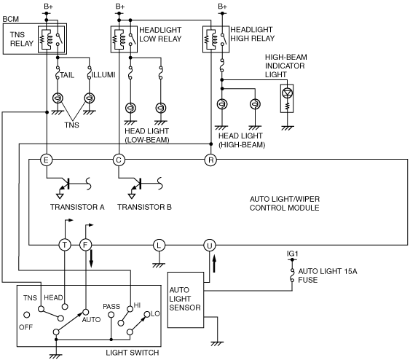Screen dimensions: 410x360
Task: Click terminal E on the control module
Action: [47, 160]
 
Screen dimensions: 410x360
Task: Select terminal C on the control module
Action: [119, 160]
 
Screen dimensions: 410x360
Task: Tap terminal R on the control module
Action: [210, 160]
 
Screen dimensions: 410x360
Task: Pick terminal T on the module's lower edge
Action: [64, 245]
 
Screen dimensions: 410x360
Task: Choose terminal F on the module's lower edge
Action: [85, 245]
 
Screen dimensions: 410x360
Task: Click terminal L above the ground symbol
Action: [159, 245]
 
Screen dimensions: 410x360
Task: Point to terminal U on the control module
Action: [210, 245]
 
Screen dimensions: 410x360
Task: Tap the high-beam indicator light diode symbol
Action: [287, 93]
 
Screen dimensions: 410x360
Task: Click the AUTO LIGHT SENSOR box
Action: [186, 300]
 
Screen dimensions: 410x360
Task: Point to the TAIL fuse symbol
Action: [58, 72]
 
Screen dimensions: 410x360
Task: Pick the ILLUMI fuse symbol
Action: [90, 72]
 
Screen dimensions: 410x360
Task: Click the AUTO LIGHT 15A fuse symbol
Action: [292, 275]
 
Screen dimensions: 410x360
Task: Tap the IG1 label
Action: [292, 254]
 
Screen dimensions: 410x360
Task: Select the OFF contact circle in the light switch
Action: [27, 315]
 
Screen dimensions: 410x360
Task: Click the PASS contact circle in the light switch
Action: [111, 315]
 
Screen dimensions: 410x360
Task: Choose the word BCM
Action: [11, 19]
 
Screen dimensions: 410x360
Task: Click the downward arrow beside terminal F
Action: [91, 259]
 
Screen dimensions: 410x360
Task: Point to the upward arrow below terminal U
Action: [214, 264]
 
